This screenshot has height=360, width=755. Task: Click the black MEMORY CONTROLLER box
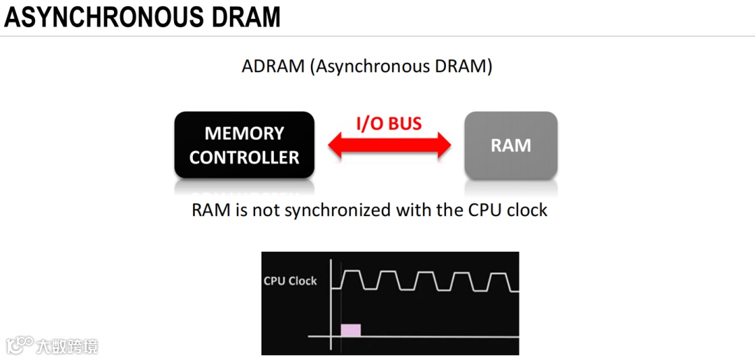pos(244,145)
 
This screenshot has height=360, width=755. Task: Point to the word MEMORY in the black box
pos(244,134)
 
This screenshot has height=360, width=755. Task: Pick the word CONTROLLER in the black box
pos(244,157)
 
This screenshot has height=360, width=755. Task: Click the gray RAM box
pos(511,145)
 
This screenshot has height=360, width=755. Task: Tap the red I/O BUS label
pos(389,124)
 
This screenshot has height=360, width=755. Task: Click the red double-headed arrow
pos(390,146)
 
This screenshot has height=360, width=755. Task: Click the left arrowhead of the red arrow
pos(338,146)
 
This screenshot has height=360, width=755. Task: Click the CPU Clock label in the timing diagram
pos(290,281)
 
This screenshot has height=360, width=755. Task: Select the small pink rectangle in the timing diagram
pos(350,331)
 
